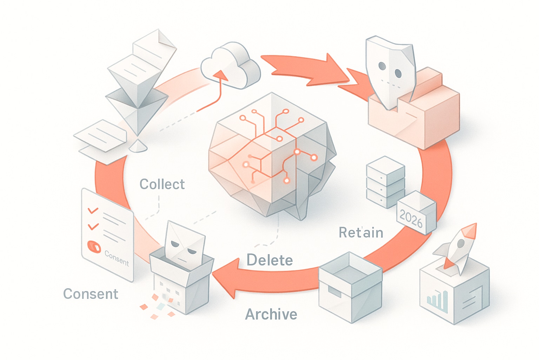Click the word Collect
(162, 184)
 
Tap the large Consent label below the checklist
(91, 294)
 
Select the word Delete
(269, 260)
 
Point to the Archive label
(271, 314)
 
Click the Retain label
(361, 232)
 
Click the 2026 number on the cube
(411, 219)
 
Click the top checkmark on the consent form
(93, 211)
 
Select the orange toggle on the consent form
(94, 247)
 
